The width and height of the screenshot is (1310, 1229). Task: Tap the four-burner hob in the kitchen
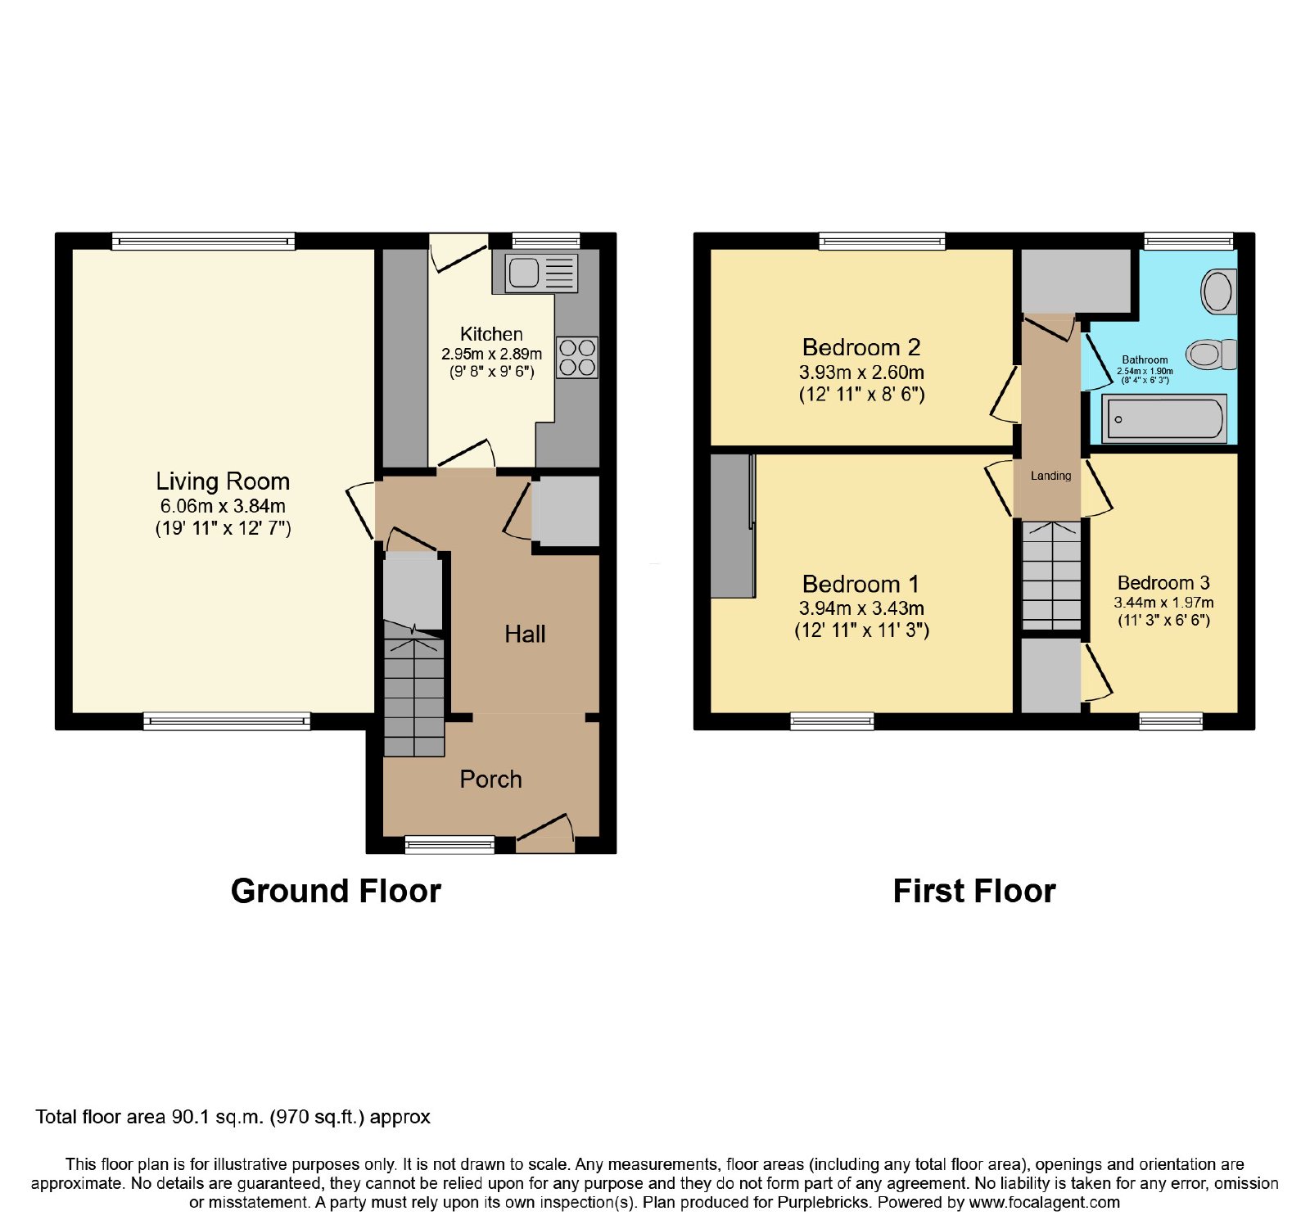pyautogui.click(x=577, y=358)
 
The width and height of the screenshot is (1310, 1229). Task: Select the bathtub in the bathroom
pyautogui.click(x=1164, y=418)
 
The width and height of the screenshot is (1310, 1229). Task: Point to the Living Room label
pyautogui.click(x=223, y=481)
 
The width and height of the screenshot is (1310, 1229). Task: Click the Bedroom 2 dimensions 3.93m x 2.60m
pyautogui.click(x=861, y=373)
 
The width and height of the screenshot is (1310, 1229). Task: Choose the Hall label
pyautogui.click(x=525, y=634)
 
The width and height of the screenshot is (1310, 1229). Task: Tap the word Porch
pyautogui.click(x=490, y=779)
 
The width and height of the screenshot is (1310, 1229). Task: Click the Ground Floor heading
pyautogui.click(x=336, y=891)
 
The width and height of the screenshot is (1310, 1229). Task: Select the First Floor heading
pyautogui.click(x=974, y=891)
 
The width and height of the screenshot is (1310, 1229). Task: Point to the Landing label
pyautogui.click(x=1050, y=476)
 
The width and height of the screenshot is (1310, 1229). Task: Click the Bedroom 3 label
pyautogui.click(x=1163, y=583)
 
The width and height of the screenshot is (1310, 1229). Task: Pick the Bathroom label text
pyautogui.click(x=1145, y=359)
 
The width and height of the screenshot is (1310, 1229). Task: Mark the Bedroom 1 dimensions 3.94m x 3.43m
pyautogui.click(x=861, y=608)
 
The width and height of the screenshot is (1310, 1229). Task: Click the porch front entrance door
pyautogui.click(x=544, y=833)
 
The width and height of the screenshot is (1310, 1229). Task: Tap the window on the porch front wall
pyautogui.click(x=450, y=844)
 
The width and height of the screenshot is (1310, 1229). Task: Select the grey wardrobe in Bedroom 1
pyautogui.click(x=733, y=526)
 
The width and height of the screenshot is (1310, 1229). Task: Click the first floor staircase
pyautogui.click(x=1051, y=576)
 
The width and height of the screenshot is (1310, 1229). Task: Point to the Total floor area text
pyautogui.click(x=233, y=1117)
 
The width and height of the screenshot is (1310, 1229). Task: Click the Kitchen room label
pyautogui.click(x=491, y=334)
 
